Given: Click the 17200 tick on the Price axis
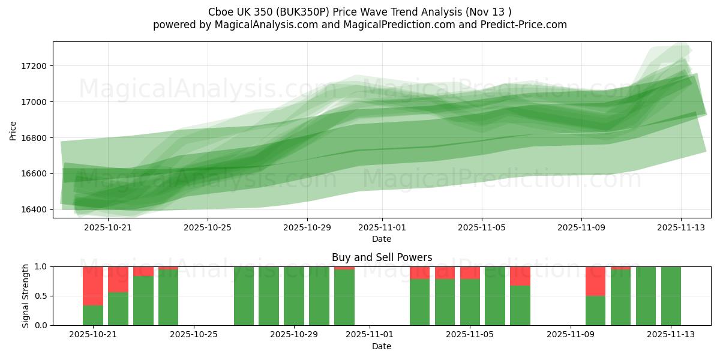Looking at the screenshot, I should (x=35, y=66).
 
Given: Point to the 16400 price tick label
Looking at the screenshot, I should (x=35, y=209).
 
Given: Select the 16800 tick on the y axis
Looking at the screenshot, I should (x=35, y=138).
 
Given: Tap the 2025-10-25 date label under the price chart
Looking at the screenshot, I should (x=207, y=227).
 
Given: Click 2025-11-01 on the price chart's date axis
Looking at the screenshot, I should (x=382, y=227).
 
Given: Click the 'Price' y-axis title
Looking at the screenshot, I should (x=13, y=130).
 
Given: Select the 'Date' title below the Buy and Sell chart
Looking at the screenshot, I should (x=382, y=346).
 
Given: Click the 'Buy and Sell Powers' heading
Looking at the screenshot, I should (x=382, y=257).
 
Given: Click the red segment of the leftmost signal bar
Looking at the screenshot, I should (x=93, y=286).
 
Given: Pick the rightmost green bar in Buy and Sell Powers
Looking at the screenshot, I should (x=671, y=296).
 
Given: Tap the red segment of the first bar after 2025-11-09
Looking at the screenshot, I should (x=595, y=281).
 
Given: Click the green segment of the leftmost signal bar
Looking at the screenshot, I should (x=93, y=316).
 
